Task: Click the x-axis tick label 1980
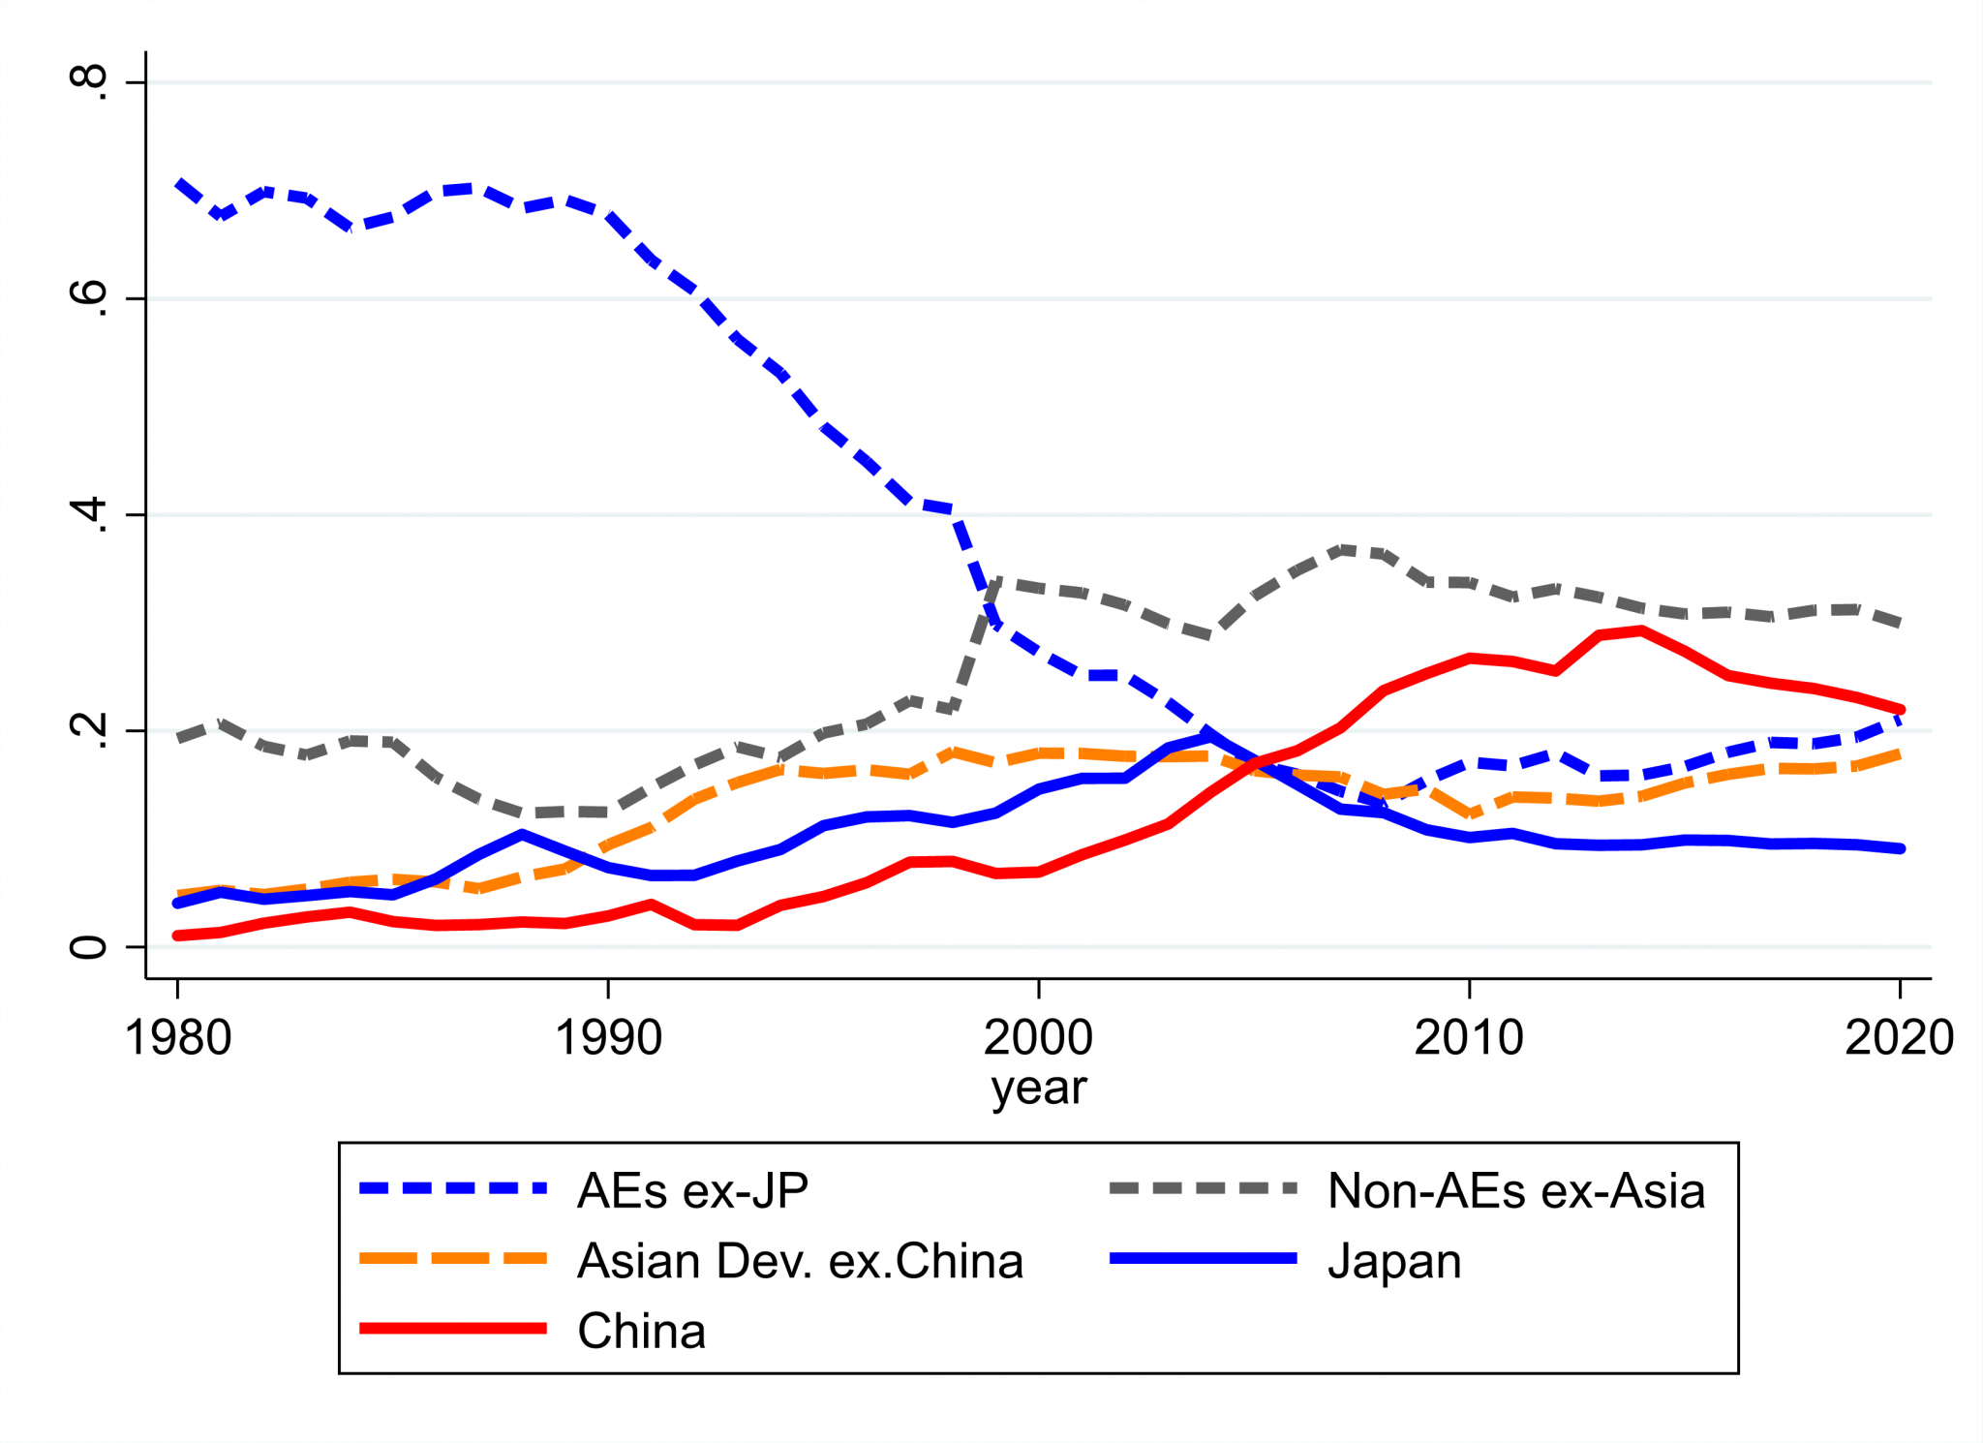tap(178, 1037)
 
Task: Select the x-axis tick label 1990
tap(608, 1037)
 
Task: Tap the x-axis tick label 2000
tap(1038, 1037)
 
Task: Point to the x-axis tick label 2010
tap(1469, 1037)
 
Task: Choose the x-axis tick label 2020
tap(1899, 1037)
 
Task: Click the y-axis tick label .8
tap(89, 82)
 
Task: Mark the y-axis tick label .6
tap(89, 298)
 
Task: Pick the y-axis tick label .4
tap(89, 514)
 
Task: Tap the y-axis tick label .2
tap(89, 730)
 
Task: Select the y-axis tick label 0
tap(89, 946)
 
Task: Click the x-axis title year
tap(1039, 1089)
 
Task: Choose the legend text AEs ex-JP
tap(692, 1190)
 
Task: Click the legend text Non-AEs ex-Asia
tap(1515, 1190)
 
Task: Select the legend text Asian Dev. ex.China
tap(800, 1261)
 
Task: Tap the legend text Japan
tap(1393, 1261)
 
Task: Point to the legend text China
tap(641, 1331)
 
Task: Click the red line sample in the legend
tap(453, 1329)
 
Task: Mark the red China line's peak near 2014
tap(1641, 630)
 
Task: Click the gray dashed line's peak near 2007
tap(1341, 550)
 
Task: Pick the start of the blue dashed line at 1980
tap(179, 183)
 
